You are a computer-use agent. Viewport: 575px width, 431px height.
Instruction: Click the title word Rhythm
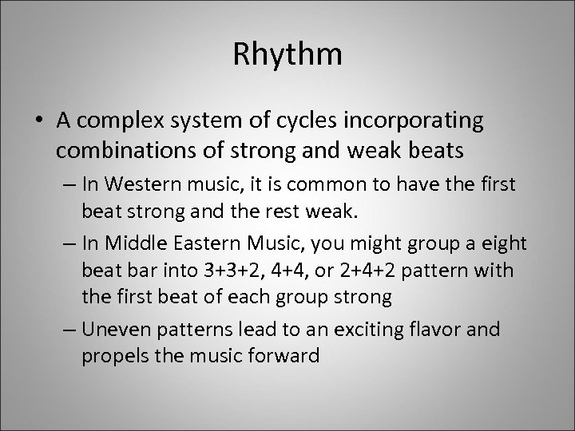pyautogui.click(x=287, y=55)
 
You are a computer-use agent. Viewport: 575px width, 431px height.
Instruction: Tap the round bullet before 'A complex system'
pyautogui.click(x=39, y=121)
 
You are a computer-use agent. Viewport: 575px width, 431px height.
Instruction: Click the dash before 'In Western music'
pyautogui.click(x=65, y=186)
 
